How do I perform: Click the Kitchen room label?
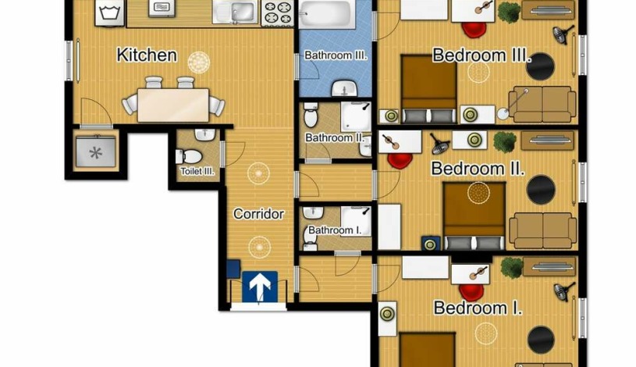(147, 55)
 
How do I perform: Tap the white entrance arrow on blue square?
(260, 287)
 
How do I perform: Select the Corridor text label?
(258, 214)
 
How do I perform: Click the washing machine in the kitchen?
(109, 12)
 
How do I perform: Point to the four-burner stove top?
(278, 12)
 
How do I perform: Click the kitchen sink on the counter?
(235, 12)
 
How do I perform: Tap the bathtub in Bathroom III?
(327, 14)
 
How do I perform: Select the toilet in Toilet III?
(189, 156)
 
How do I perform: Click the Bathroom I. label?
(335, 230)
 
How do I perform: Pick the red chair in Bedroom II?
(400, 160)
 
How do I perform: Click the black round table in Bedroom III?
(540, 66)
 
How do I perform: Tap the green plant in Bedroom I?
(511, 268)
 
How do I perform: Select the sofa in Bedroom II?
(542, 230)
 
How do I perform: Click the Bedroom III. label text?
(481, 55)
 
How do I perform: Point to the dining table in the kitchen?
(173, 105)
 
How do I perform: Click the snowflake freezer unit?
(96, 151)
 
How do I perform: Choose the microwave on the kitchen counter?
(162, 9)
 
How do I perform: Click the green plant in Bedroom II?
(505, 142)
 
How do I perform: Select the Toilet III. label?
(197, 171)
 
